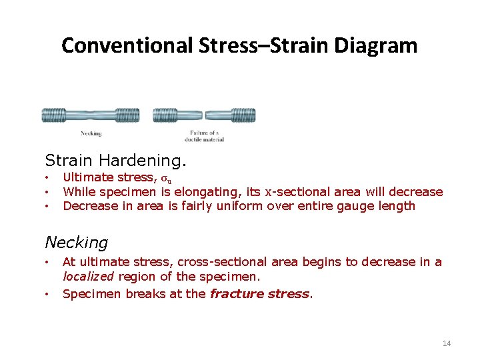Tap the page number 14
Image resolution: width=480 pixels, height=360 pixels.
[x=447, y=343]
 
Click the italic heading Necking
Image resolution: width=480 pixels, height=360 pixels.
[x=76, y=243]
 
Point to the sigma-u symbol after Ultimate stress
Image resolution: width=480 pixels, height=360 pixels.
[x=167, y=179]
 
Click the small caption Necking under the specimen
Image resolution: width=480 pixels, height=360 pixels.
[x=91, y=133]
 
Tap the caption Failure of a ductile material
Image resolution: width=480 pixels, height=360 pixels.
[x=207, y=136]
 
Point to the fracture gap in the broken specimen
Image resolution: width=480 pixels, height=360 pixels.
[x=204, y=115]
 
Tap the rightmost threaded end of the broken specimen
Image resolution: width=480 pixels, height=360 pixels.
[x=243, y=115]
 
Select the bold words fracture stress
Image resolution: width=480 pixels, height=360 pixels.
[x=260, y=293]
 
